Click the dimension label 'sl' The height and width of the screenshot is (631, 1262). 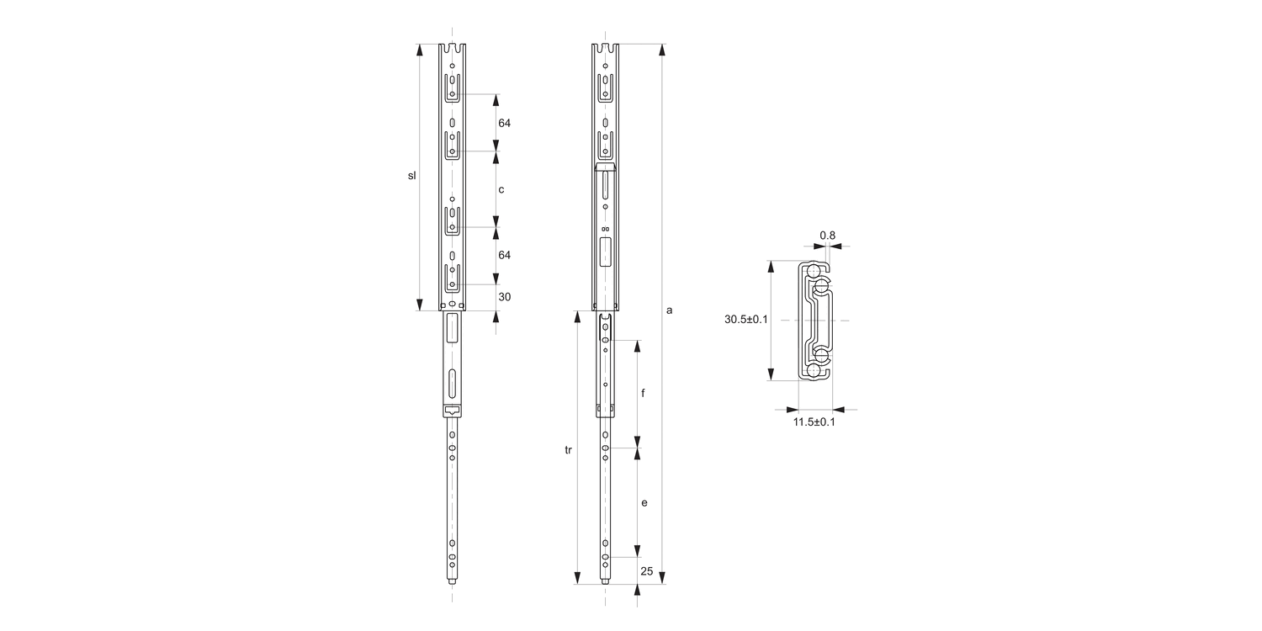click(411, 176)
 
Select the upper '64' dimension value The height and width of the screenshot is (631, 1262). click(505, 123)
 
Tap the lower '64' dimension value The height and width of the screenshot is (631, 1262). click(505, 255)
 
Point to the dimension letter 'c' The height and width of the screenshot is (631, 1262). click(501, 189)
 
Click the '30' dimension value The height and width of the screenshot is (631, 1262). click(505, 297)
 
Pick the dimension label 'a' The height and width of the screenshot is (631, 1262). click(670, 310)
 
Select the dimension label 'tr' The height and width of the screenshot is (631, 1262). click(568, 451)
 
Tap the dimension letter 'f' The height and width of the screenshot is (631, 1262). click(644, 394)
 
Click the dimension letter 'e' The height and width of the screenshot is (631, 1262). click(644, 503)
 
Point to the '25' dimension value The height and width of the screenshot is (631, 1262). click(647, 571)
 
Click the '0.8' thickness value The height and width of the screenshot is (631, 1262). click(828, 236)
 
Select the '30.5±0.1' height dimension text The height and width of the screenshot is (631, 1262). click(745, 320)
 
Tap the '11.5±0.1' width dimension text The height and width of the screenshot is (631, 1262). click(814, 422)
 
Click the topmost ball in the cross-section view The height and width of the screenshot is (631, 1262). click(813, 270)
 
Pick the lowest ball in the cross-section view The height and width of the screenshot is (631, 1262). click(813, 371)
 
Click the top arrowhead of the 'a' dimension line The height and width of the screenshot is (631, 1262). click(662, 51)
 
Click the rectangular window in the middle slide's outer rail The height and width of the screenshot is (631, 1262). click(606, 251)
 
